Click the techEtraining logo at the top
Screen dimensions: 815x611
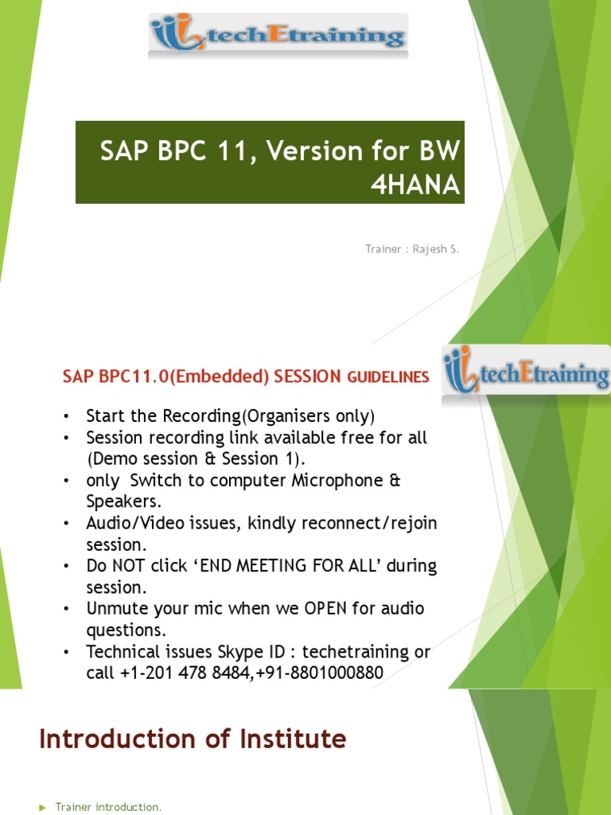coord(278,37)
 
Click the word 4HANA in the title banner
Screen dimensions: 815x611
coord(415,185)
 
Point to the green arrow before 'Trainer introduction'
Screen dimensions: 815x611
coord(43,808)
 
